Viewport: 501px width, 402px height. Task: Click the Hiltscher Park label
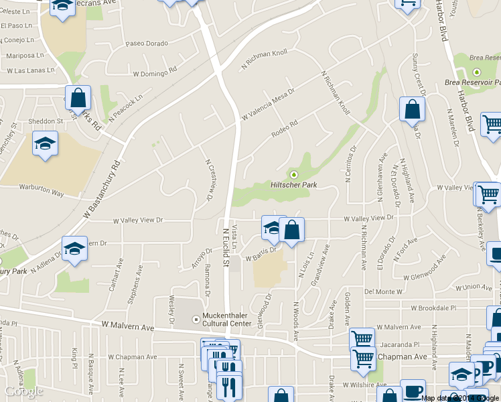293,185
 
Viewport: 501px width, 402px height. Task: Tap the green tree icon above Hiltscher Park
293,175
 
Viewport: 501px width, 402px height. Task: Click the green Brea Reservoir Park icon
477,72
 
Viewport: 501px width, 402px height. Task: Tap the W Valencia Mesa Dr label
268,107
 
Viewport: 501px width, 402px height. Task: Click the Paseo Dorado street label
147,44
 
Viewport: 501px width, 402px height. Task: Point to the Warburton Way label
41,194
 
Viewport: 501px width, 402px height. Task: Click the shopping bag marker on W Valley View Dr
292,230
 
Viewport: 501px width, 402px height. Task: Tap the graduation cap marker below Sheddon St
46,144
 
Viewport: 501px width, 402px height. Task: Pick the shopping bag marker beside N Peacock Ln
78,98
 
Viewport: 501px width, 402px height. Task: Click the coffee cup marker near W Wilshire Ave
413,391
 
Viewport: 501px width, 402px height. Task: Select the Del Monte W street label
383,292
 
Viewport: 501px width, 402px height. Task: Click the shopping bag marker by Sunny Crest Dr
412,109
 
